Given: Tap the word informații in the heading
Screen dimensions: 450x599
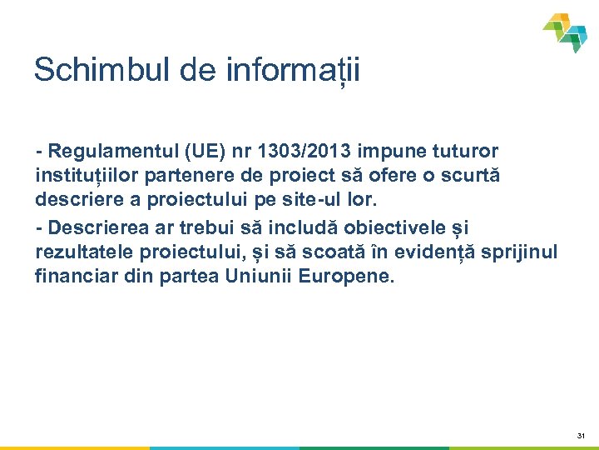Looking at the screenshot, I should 293,70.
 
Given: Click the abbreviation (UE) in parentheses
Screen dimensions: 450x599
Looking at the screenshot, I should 193,151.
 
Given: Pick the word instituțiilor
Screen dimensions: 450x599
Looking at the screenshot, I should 85,177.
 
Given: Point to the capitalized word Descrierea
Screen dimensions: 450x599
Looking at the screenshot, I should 96,227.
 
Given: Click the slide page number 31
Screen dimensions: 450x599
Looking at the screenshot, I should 581,436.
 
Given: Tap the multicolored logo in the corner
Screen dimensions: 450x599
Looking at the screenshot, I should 566,32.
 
